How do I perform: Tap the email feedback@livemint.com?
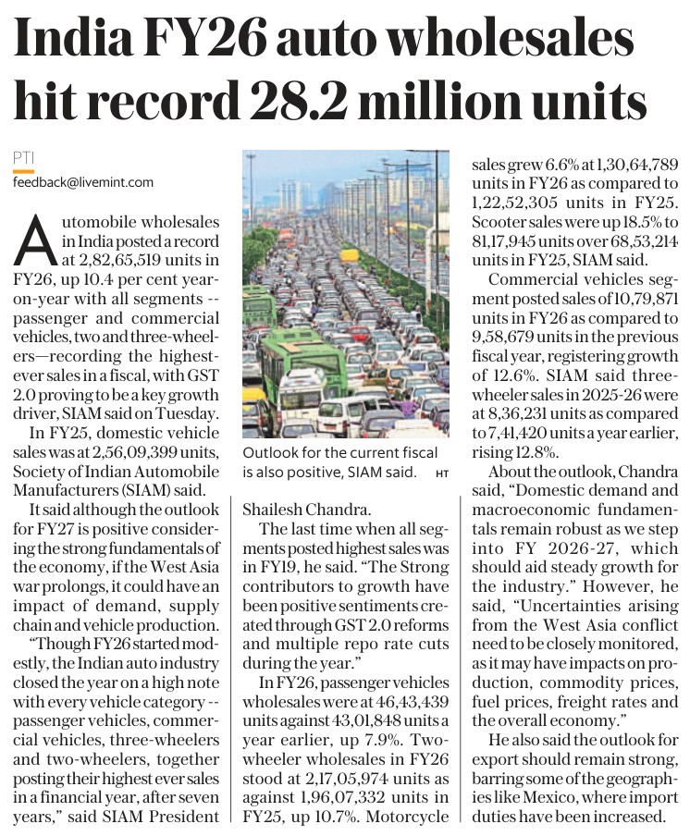tap(83, 182)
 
